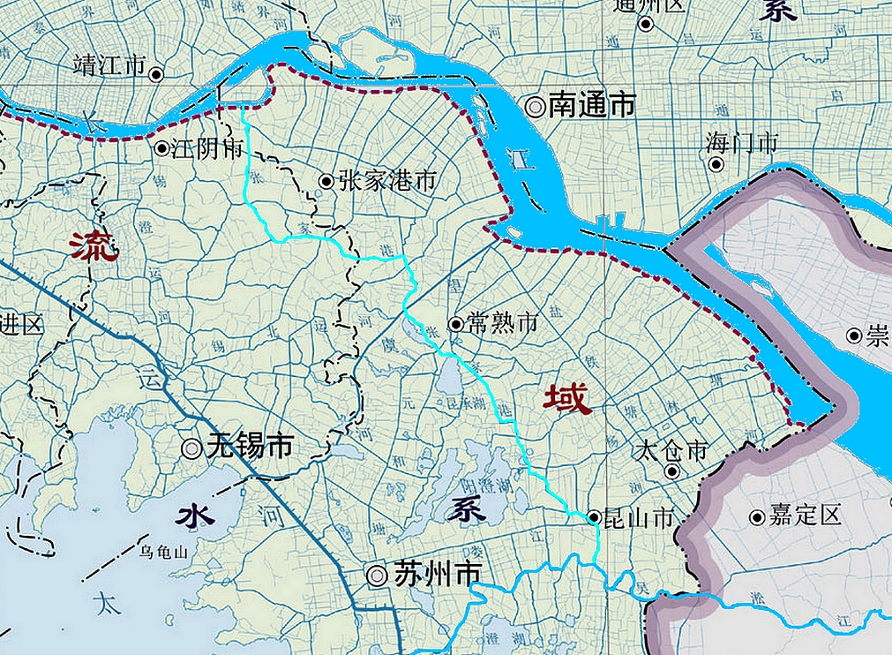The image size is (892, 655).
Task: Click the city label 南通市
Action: point(592,106)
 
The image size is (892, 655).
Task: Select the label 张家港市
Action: point(386,182)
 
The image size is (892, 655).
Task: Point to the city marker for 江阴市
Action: point(162,148)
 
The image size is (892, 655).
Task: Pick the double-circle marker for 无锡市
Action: point(191,448)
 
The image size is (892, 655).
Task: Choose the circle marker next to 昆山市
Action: point(595,517)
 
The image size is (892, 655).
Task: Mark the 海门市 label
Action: point(742,141)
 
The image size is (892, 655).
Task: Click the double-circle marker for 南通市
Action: point(535,107)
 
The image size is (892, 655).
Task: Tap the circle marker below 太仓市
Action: point(672,471)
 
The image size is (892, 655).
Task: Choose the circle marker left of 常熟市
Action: point(456,324)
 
